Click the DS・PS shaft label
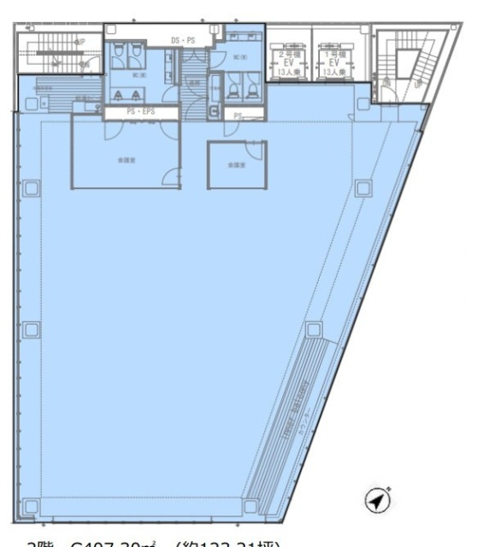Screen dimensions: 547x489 [183, 40]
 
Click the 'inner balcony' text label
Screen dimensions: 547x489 [295, 410]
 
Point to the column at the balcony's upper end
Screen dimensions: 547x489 [314, 328]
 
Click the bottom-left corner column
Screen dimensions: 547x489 [31, 508]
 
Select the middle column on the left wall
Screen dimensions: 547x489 [31, 328]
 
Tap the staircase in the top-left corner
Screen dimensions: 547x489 [57, 53]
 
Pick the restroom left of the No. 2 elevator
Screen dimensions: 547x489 [241, 73]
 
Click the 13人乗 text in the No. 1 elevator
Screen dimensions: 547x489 [331, 73]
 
